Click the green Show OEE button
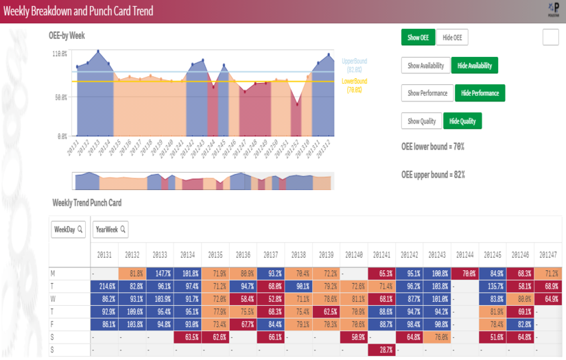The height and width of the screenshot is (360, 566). tap(418, 38)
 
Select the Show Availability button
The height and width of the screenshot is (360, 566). tap(425, 66)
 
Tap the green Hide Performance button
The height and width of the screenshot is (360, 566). tap(480, 93)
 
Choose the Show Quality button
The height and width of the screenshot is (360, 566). tap(421, 121)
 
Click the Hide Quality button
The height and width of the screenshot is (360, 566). tap(462, 121)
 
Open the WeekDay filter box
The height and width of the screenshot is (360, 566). tap(69, 230)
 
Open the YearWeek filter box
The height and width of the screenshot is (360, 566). tap(110, 230)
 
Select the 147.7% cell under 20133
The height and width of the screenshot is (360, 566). tap(159, 274)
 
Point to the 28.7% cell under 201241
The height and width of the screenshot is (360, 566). tap(381, 350)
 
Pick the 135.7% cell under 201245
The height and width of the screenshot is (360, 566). tap(492, 286)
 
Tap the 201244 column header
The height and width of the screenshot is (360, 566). tap(464, 254)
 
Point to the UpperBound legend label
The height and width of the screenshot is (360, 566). tap(354, 62)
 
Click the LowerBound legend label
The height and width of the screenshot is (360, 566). tap(354, 82)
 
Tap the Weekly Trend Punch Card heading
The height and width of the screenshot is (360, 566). tap(87, 203)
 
